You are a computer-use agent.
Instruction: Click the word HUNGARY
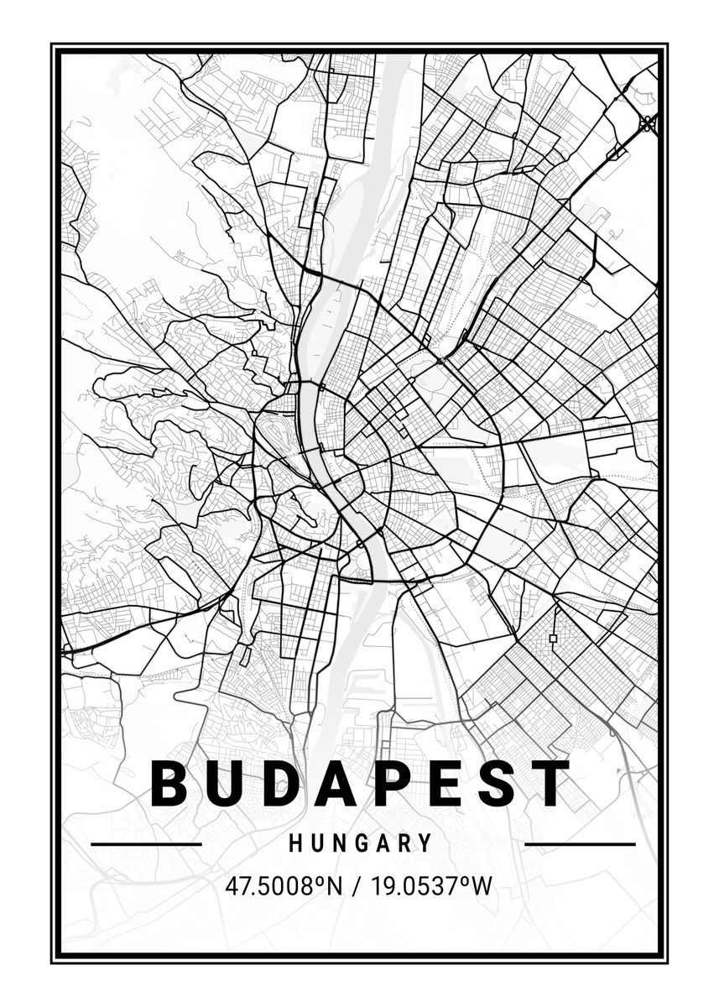[361, 843]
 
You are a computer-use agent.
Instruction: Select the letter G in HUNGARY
[361, 843]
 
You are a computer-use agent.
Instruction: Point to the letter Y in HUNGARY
[425, 843]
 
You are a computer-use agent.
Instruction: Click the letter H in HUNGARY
[295, 843]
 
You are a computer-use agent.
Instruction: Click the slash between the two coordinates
[359, 885]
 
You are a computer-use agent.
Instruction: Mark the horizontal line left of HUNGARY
[146, 843]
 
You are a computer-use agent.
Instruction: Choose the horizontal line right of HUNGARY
[580, 843]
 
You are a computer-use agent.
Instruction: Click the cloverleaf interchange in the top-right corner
[647, 123]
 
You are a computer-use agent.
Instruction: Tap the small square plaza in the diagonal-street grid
[553, 639]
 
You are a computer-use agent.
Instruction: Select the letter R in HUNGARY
[404, 843]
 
